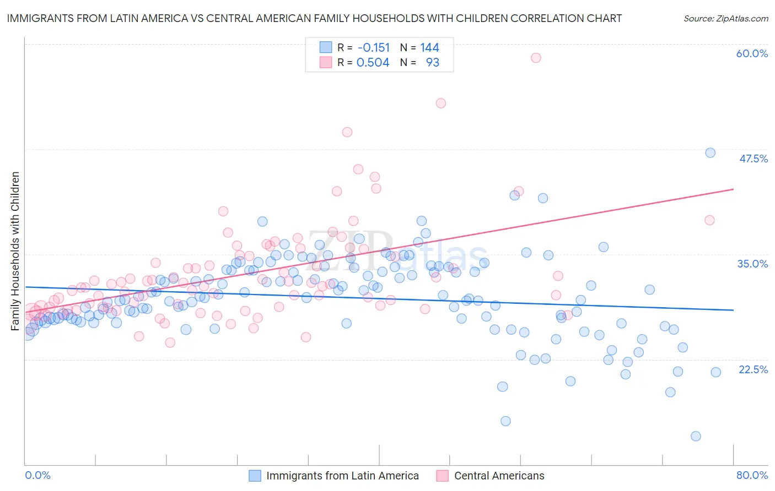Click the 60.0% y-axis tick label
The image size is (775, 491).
(x=752, y=53)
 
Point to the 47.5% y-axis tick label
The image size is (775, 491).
(x=753, y=159)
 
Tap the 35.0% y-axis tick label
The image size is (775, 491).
(x=752, y=264)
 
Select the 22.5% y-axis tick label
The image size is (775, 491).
(x=753, y=369)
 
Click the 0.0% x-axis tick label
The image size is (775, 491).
(x=37, y=475)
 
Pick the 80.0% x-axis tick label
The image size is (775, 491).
(x=752, y=475)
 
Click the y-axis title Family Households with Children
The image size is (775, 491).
(x=15, y=251)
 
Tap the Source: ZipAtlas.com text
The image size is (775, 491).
(x=725, y=18)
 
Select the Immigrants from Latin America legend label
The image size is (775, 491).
(x=342, y=476)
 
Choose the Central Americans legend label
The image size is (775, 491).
(x=499, y=476)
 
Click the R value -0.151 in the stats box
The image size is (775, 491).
(x=373, y=47)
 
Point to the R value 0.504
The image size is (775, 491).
(x=373, y=62)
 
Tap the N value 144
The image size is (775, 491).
(x=429, y=47)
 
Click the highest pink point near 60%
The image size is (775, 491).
(x=536, y=58)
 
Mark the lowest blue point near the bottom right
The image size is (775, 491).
(x=696, y=436)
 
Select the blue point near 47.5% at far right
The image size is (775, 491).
(x=710, y=152)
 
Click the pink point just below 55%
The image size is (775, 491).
(x=440, y=103)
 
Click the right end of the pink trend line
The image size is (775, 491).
(x=733, y=189)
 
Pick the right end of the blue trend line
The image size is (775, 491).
(x=733, y=310)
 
